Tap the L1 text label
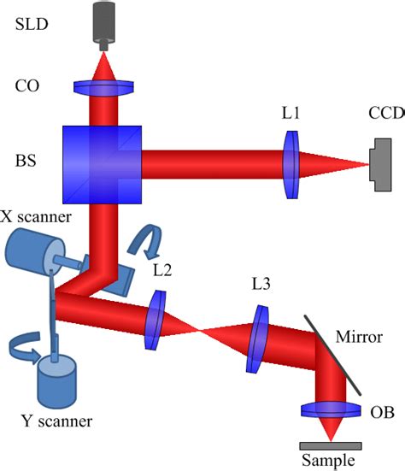click(x=291, y=113)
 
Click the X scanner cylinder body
click(x=30, y=256)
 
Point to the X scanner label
click(x=38, y=217)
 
